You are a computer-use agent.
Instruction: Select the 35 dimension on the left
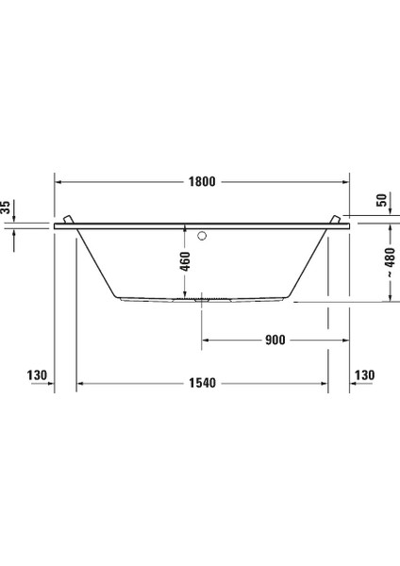[6, 208]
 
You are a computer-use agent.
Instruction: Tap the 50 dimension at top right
[382, 201]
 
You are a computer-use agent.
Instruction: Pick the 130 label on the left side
[37, 375]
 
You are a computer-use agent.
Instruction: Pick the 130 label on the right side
[364, 375]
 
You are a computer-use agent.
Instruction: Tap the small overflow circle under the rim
[201, 233]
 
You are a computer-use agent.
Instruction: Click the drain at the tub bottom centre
[201, 300]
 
